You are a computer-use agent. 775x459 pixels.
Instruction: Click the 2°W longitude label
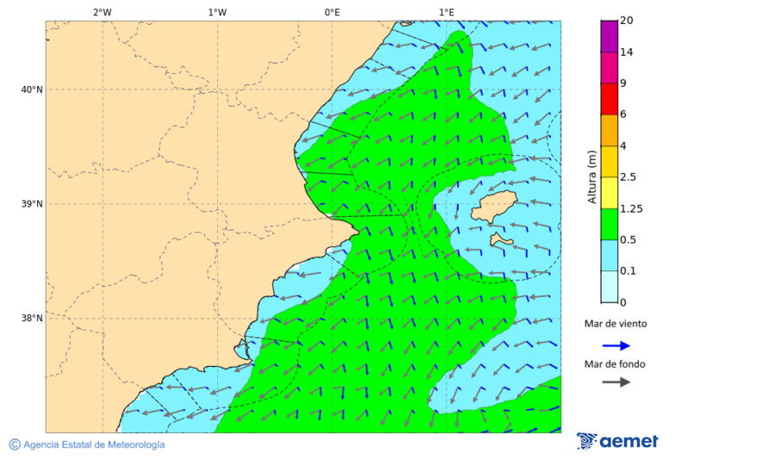[102, 12]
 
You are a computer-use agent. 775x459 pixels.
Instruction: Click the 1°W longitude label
[217, 12]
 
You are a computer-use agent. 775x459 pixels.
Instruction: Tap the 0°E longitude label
[332, 12]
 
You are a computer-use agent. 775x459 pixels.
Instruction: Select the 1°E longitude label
[446, 12]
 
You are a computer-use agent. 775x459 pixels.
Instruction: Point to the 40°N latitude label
[32, 90]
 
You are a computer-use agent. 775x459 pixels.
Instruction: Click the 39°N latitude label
[32, 204]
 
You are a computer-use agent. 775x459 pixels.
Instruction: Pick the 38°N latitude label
[32, 319]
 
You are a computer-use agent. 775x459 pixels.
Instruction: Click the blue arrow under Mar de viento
[616, 345]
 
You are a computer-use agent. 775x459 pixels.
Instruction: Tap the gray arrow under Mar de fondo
[616, 381]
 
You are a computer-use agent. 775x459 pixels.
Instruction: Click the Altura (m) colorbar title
[592, 176]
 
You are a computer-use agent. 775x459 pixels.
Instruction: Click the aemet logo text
[629, 441]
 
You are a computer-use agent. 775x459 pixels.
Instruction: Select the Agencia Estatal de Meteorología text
[93, 444]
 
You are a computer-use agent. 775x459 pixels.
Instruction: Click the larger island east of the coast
[493, 208]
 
